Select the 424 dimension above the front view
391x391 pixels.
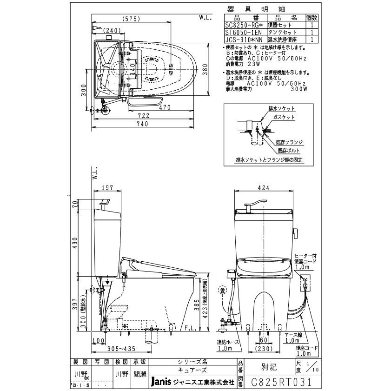(x=263, y=189)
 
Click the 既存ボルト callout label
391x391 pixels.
(x=288, y=151)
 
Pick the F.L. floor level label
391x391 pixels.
(x=190, y=328)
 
